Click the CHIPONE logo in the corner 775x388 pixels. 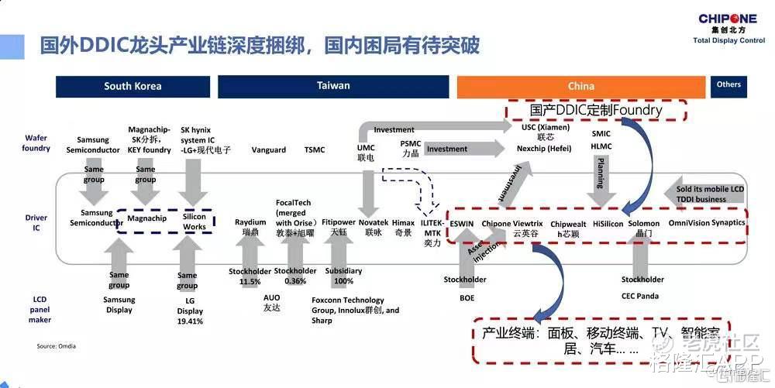pos(728,24)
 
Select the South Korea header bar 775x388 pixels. pos(133,86)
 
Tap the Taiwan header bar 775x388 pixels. pos(333,86)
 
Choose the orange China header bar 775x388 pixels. pos(581,86)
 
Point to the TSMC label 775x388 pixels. pos(315,150)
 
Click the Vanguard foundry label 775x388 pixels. pos(269,150)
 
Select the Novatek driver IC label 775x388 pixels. pos(372,227)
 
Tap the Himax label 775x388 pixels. pos(403,227)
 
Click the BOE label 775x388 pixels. pos(467,297)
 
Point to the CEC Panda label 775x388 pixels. pos(639,295)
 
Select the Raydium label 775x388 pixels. pos(250,227)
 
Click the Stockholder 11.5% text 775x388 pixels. pos(250,276)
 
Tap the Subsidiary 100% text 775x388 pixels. pos(343,276)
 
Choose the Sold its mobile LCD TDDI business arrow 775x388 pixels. pos(705,193)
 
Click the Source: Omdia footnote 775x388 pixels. pos(57,346)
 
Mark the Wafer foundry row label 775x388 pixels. pos(36,142)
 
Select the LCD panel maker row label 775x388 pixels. pos(40,309)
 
